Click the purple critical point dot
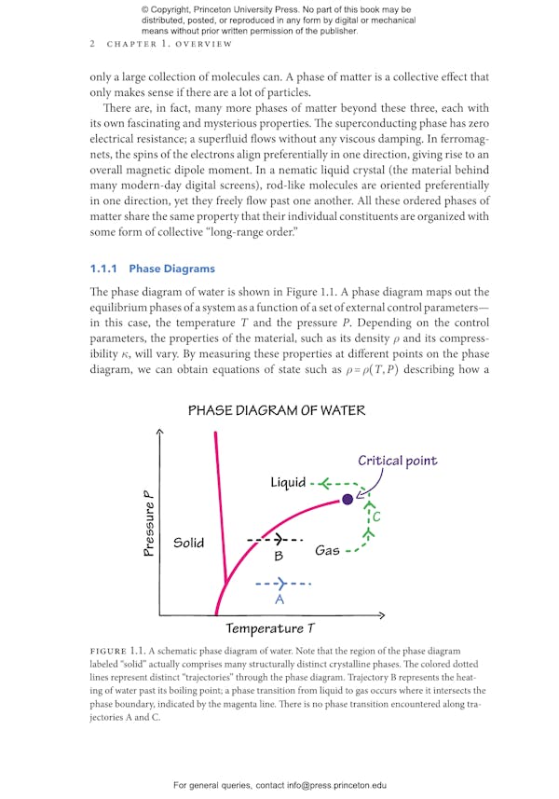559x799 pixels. coord(348,500)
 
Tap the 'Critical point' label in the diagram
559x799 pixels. coord(397,461)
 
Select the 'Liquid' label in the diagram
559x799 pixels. coord(288,482)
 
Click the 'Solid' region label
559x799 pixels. coord(188,543)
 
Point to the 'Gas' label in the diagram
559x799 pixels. coord(327,550)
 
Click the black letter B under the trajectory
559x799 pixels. coord(278,557)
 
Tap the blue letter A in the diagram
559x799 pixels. coord(279,599)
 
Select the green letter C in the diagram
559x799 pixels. coord(376,517)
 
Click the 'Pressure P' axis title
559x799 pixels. coord(149,524)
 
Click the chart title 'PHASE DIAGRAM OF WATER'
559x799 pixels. coord(277,410)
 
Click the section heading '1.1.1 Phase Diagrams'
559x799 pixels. coord(152,269)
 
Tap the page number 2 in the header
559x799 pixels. coord(92,44)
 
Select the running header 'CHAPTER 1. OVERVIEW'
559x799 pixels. coord(170,44)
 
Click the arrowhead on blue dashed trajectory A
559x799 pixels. coord(282,584)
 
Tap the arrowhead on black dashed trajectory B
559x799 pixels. coord(277,540)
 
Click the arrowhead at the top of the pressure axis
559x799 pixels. coord(160,431)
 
